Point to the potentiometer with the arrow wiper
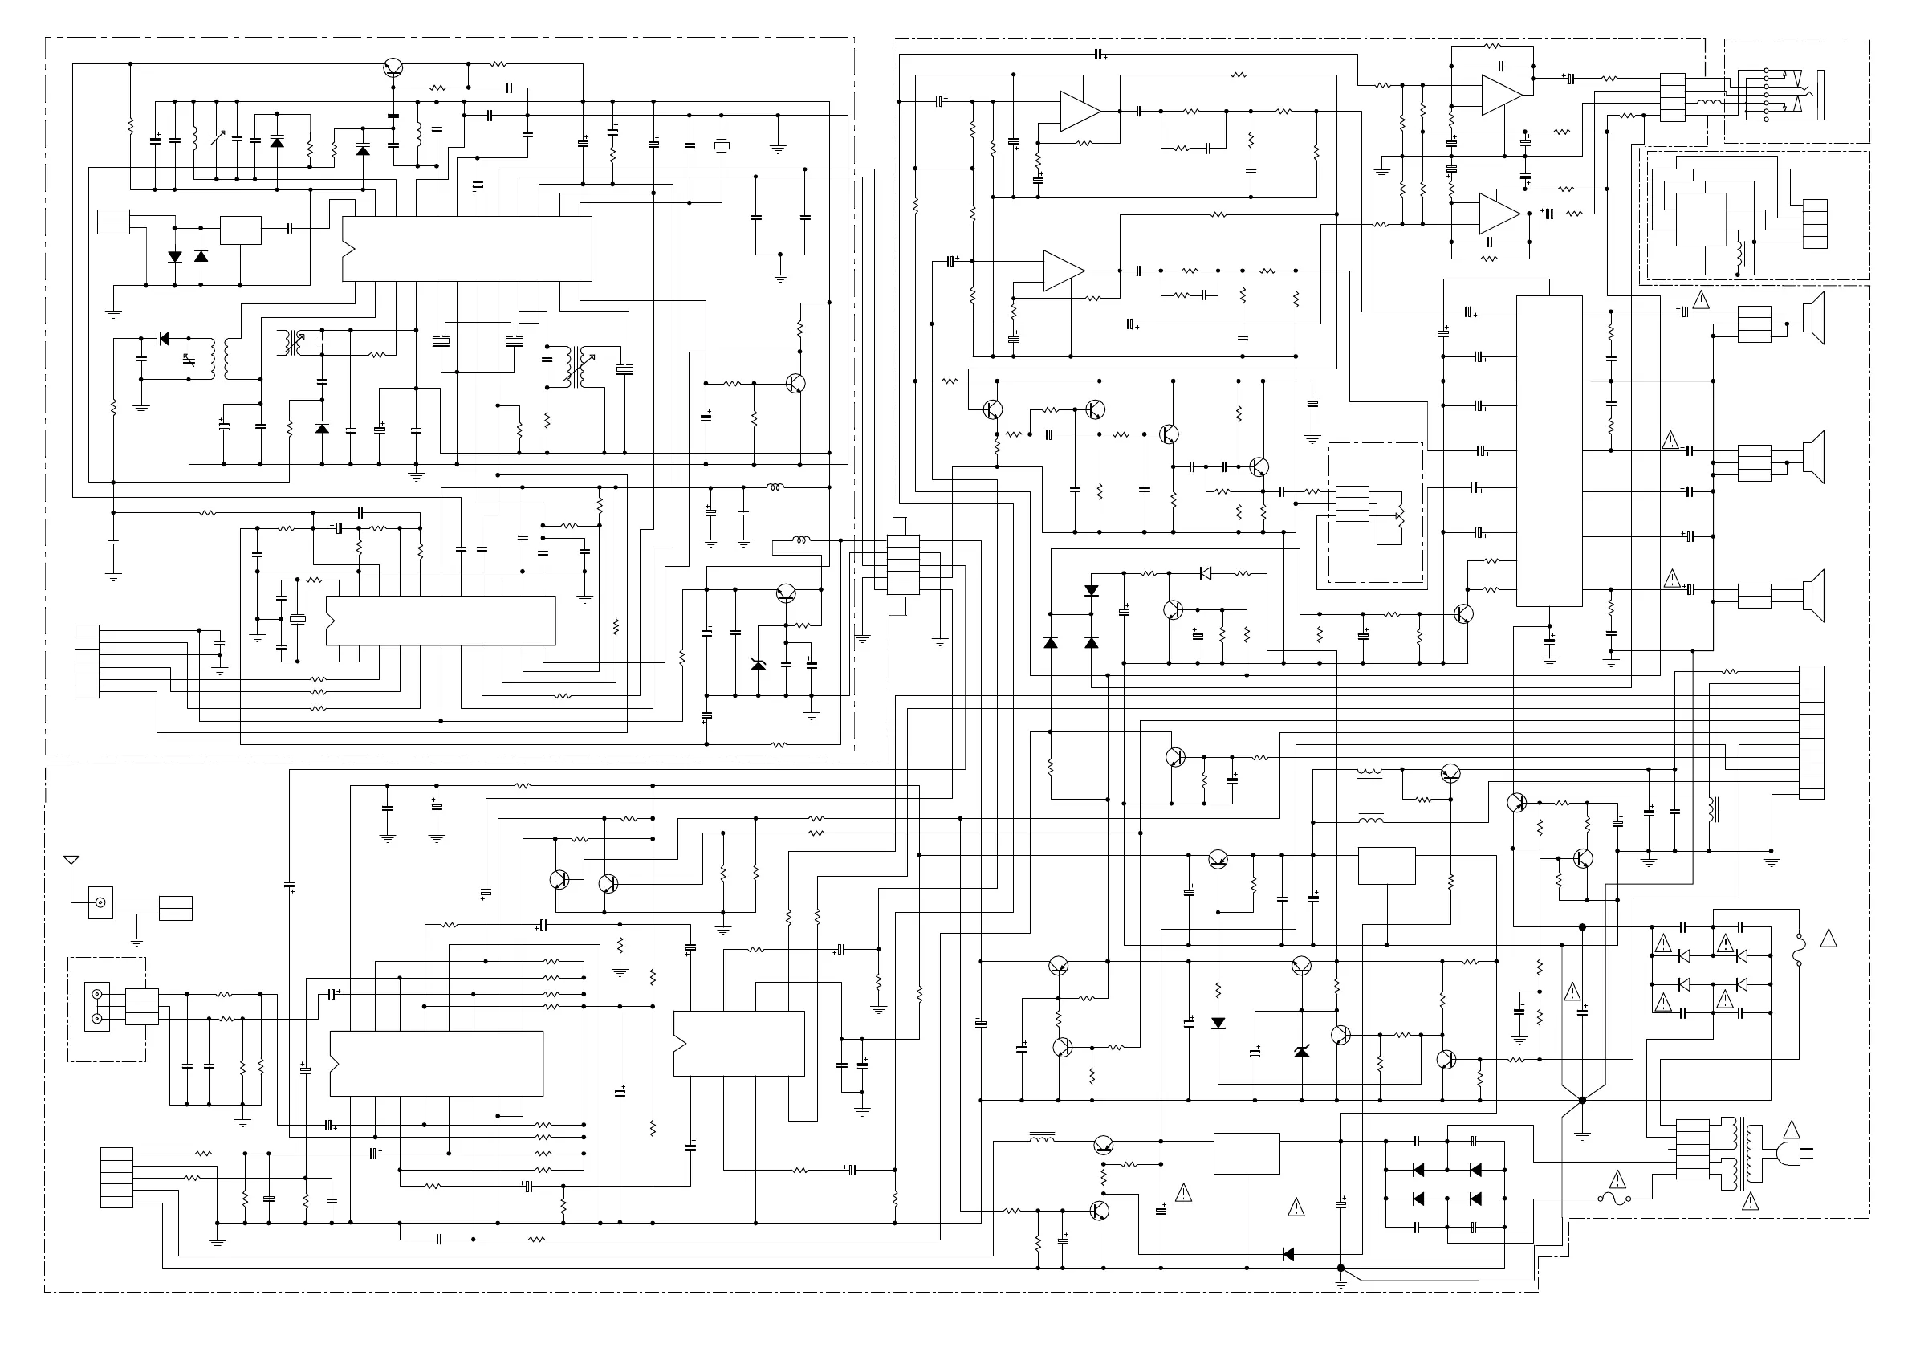[1398, 516]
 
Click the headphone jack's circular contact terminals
[1765, 96]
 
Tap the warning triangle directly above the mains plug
[1792, 1131]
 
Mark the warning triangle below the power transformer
[1751, 1201]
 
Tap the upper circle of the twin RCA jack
[97, 995]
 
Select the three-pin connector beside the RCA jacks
[141, 1006]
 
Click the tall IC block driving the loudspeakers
[1549, 450]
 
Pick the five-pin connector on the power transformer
[1692, 1150]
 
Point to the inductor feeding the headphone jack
[1710, 103]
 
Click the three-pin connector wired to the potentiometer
[1353, 503]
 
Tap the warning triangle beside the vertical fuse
[1829, 939]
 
